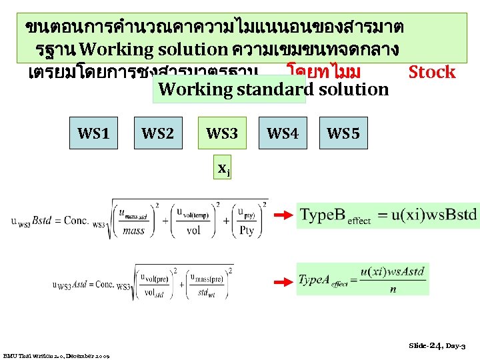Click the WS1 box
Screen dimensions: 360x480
(93, 133)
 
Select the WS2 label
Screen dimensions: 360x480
(157, 133)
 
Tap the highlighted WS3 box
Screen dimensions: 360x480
(222, 133)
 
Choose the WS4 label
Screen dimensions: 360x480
(283, 133)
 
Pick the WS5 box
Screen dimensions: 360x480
(343, 133)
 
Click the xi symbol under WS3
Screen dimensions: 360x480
(225, 169)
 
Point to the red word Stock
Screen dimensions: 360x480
(431, 72)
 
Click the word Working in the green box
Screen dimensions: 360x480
(191, 89)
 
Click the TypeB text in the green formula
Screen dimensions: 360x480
(323, 215)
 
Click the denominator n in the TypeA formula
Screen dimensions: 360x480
(393, 290)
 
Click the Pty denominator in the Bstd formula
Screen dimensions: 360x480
(249, 231)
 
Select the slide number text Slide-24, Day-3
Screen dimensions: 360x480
(437, 345)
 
